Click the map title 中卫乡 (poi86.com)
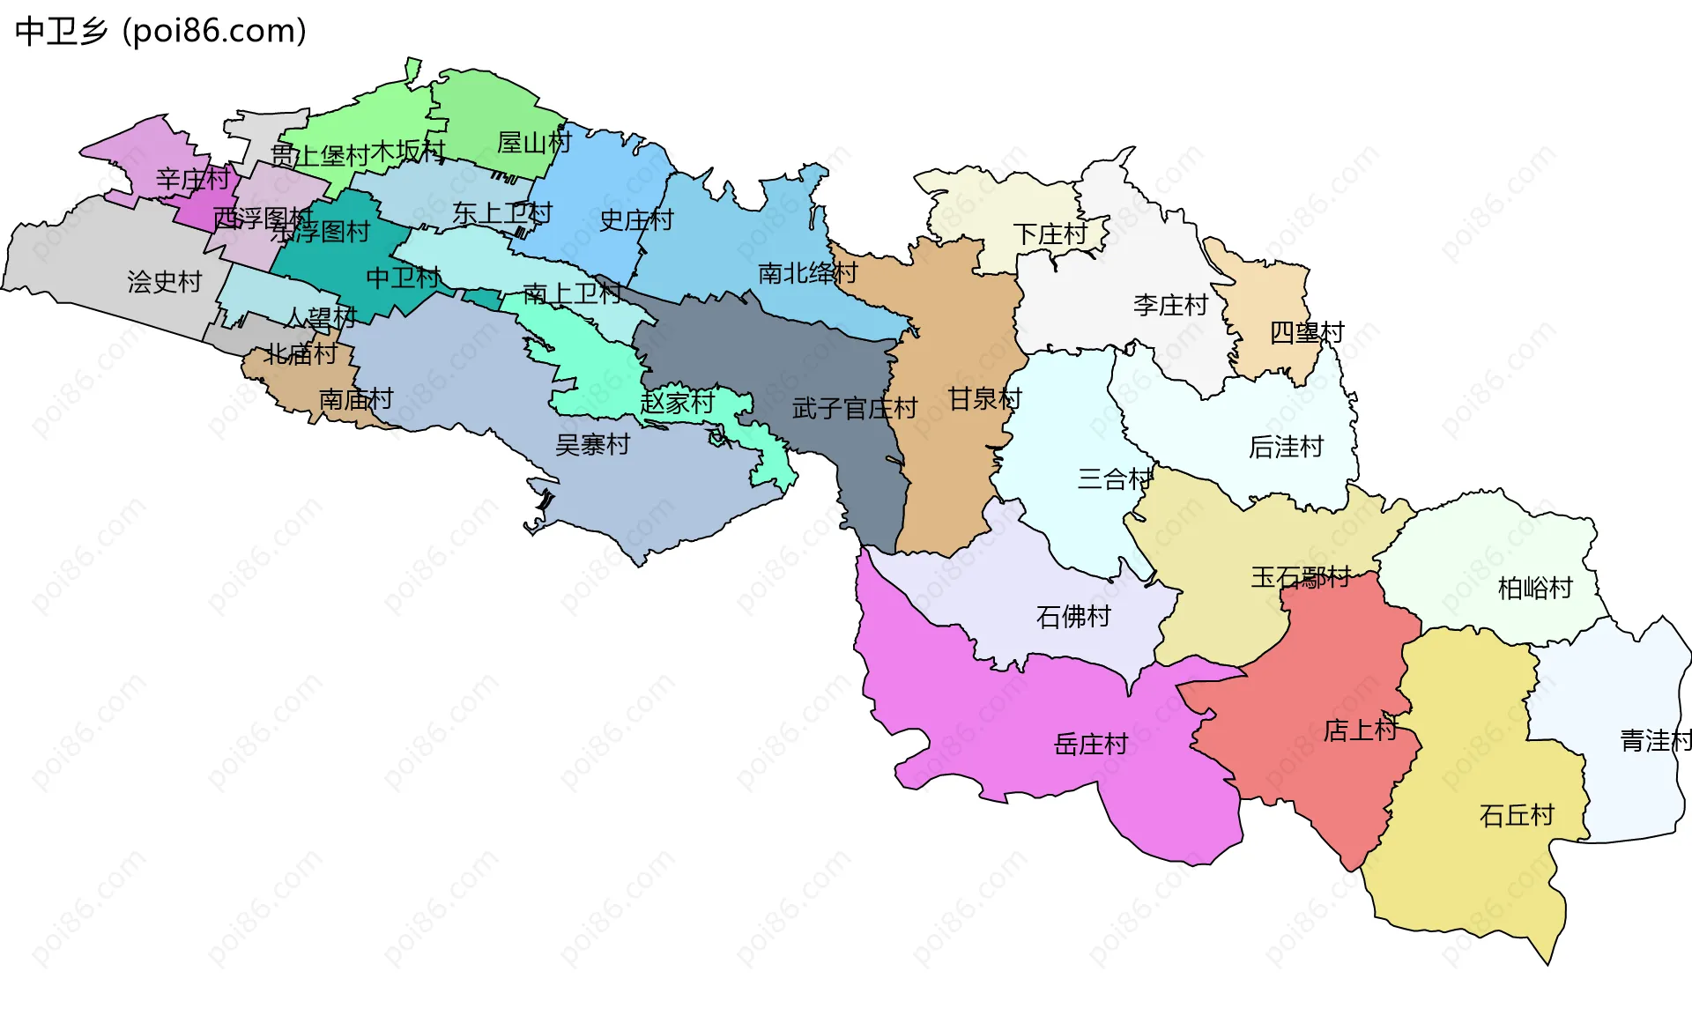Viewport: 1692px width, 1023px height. coord(160,31)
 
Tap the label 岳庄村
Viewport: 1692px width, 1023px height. coord(1091,745)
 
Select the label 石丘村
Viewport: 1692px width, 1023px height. coord(1517,815)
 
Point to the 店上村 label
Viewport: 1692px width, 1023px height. coord(1361,730)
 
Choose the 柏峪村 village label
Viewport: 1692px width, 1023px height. coord(1535,588)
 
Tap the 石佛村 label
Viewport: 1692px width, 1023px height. coord(1073,616)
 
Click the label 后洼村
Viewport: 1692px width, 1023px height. coord(1286,447)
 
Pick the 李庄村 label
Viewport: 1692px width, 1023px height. coord(1170,305)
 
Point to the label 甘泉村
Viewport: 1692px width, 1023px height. coord(984,398)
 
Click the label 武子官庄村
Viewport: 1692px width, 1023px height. coord(855,408)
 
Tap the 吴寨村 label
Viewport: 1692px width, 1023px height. coord(592,444)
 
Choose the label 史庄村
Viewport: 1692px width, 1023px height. coord(636,219)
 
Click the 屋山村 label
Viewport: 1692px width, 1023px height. coord(534,142)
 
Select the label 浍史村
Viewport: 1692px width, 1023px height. coord(165,281)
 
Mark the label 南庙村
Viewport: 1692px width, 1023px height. coord(356,399)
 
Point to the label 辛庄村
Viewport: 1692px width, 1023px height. coord(193,179)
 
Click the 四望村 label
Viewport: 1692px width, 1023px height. coord(1307,332)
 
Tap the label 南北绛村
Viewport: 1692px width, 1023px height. coord(807,273)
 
